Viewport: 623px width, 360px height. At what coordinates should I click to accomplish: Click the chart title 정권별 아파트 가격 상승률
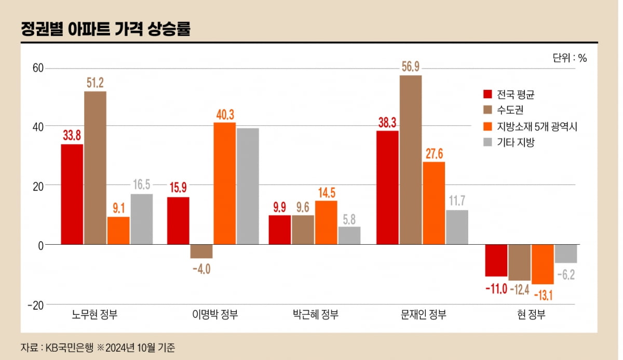click(x=105, y=29)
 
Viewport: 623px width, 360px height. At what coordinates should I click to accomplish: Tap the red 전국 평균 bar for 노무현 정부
click(x=72, y=194)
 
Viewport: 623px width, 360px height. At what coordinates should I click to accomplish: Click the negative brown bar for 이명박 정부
click(x=201, y=251)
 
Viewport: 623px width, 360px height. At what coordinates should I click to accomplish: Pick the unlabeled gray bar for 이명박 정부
click(x=248, y=186)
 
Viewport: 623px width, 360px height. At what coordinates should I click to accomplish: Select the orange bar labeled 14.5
click(x=326, y=222)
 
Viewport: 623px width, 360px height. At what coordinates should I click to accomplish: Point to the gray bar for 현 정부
click(x=565, y=254)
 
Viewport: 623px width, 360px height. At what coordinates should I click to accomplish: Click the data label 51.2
click(x=95, y=83)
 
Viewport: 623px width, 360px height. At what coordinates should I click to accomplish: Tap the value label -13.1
click(x=542, y=295)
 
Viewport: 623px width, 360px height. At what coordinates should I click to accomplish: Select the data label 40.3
click(x=224, y=114)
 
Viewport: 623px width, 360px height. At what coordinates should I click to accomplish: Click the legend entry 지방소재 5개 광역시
click(x=537, y=126)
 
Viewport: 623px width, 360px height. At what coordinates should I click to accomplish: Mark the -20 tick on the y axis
click(x=36, y=304)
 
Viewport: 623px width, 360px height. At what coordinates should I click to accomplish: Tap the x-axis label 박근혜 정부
click(x=316, y=315)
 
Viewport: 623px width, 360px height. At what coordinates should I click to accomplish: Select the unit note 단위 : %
click(x=570, y=58)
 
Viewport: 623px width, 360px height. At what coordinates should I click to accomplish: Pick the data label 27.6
click(x=434, y=153)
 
